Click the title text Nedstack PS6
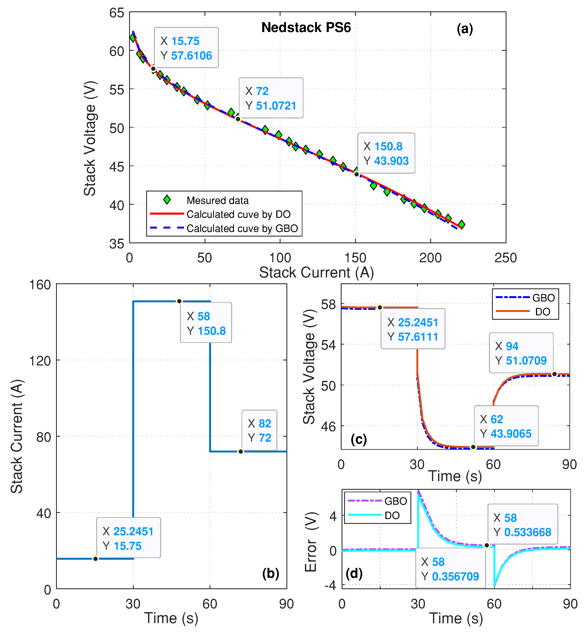(306, 28)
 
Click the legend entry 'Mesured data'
(217, 200)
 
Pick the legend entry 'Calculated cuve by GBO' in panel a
(242, 228)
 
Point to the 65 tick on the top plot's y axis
(117, 13)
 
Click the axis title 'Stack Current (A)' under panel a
(316, 272)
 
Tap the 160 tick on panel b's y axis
(40, 285)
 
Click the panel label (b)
(270, 574)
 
